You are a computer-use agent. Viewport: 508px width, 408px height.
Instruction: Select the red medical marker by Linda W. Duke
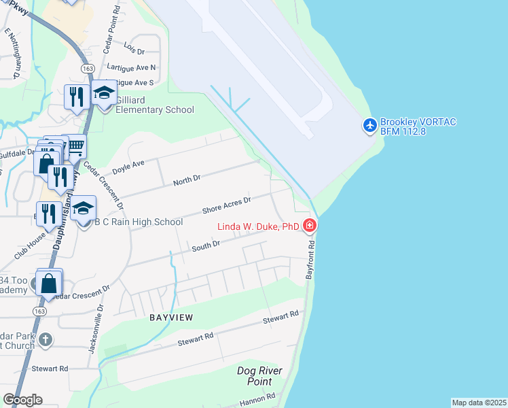[310, 225]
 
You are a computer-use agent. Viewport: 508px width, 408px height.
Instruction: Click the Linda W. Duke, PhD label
[258, 226]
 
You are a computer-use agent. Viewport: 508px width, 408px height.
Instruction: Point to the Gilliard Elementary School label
[155, 105]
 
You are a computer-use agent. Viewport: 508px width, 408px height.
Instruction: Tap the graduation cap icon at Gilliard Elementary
[104, 92]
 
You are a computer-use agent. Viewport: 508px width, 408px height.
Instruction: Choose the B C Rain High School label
[139, 222]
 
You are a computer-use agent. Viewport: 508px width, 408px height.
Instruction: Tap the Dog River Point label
[259, 376]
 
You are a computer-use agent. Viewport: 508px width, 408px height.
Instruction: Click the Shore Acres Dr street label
[227, 205]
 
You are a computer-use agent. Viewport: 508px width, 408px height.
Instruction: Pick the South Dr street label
[206, 245]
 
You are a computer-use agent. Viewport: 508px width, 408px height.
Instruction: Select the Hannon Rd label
[257, 398]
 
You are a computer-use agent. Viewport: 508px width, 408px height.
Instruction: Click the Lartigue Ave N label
[131, 67]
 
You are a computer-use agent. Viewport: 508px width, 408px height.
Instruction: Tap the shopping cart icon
[75, 146]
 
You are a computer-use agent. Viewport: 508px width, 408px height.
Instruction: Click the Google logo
[22, 400]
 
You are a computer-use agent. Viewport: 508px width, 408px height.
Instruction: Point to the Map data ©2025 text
[479, 403]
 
